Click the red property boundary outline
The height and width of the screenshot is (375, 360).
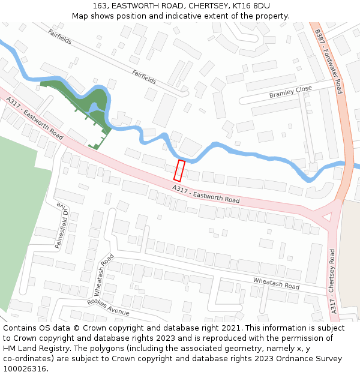tap(179, 170)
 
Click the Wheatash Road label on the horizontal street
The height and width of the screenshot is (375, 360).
tap(275, 284)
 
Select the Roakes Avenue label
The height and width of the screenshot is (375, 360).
tap(108, 308)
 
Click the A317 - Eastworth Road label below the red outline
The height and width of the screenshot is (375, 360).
tap(206, 194)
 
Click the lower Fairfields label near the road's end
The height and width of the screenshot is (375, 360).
tap(144, 76)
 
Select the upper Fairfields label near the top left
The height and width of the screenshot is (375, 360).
tap(60, 37)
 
